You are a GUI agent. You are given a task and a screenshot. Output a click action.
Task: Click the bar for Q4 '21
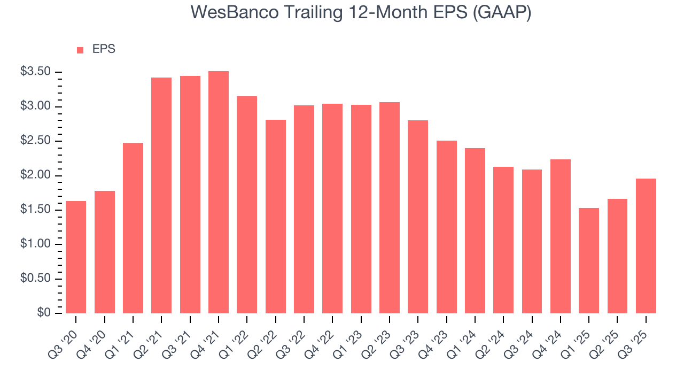(x=219, y=192)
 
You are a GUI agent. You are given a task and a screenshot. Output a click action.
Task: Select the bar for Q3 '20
(x=76, y=257)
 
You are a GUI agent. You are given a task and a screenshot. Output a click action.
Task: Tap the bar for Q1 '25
(x=589, y=260)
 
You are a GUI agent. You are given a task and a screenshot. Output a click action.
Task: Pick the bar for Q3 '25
(x=646, y=246)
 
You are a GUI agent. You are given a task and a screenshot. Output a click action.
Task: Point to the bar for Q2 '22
(x=276, y=217)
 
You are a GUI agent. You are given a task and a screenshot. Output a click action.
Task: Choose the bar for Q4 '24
(x=561, y=236)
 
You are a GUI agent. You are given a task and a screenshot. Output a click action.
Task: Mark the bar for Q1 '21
(x=133, y=228)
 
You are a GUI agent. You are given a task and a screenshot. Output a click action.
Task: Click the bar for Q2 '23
(x=390, y=207)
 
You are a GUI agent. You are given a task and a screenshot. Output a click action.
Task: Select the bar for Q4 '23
(x=447, y=227)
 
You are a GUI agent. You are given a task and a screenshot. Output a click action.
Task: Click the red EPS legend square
(x=80, y=50)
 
